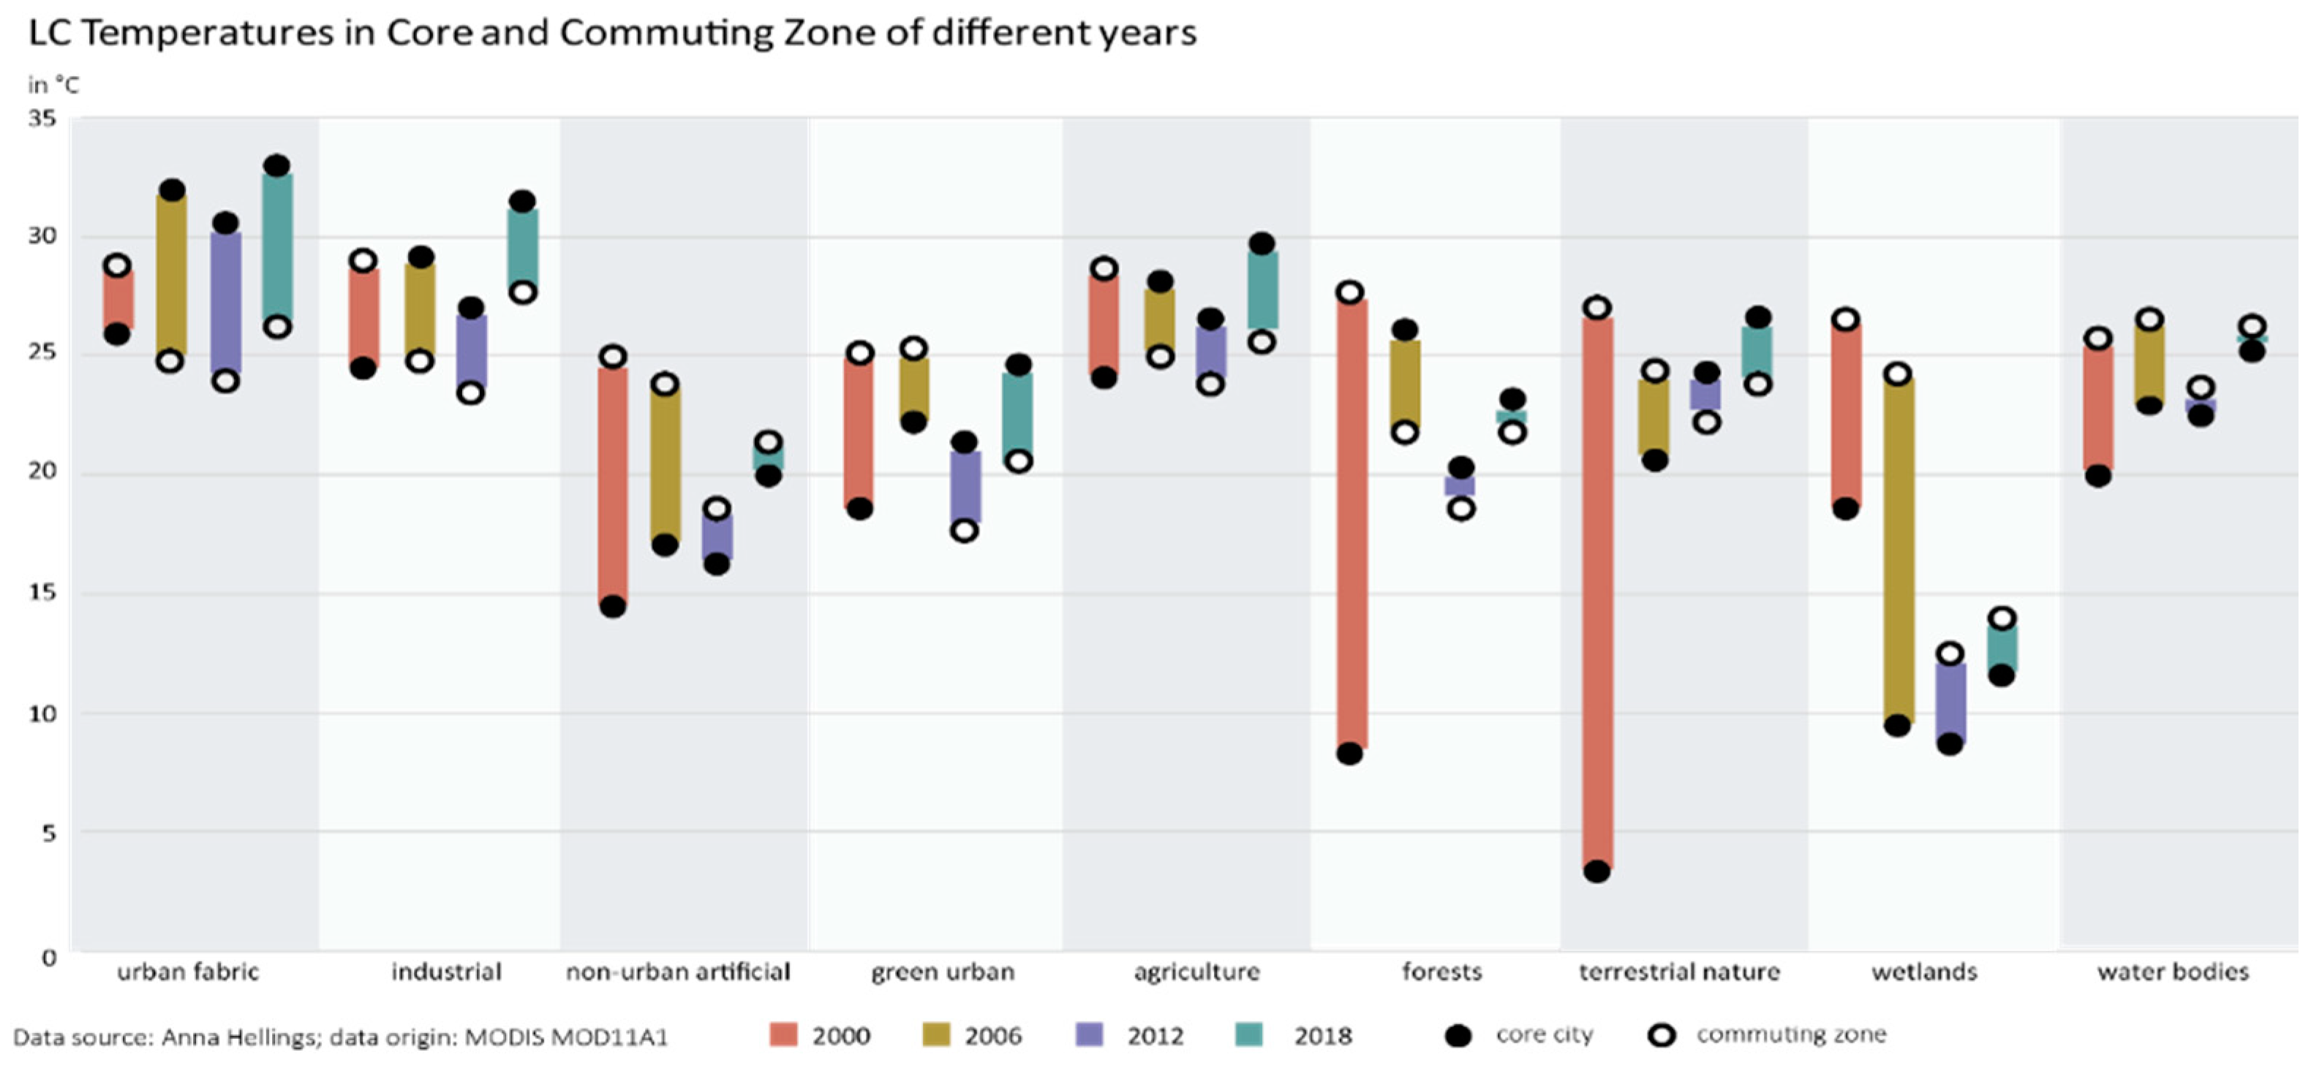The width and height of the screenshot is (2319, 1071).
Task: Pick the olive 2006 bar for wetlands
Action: (1898, 550)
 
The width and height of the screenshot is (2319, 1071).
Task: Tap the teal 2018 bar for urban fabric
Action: (277, 246)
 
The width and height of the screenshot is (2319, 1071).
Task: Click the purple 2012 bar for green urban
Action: (965, 486)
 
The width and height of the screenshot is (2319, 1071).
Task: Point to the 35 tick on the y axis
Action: (42, 118)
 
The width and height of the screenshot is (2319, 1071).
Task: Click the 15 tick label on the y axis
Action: (42, 592)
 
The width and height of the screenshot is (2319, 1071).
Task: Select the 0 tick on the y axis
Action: (48, 958)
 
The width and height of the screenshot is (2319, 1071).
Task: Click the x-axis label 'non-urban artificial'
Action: (678, 972)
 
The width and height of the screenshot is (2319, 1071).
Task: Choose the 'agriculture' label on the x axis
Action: (1196, 972)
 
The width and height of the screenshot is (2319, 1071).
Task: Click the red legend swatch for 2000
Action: (783, 1036)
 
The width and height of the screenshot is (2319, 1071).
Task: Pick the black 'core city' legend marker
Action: (1458, 1036)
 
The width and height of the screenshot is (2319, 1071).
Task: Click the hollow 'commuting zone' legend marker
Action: (1662, 1036)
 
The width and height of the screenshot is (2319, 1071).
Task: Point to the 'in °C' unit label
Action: (53, 86)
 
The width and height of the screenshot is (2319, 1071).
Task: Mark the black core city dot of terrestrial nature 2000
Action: (1597, 871)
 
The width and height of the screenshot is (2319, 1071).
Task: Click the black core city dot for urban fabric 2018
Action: (277, 167)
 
